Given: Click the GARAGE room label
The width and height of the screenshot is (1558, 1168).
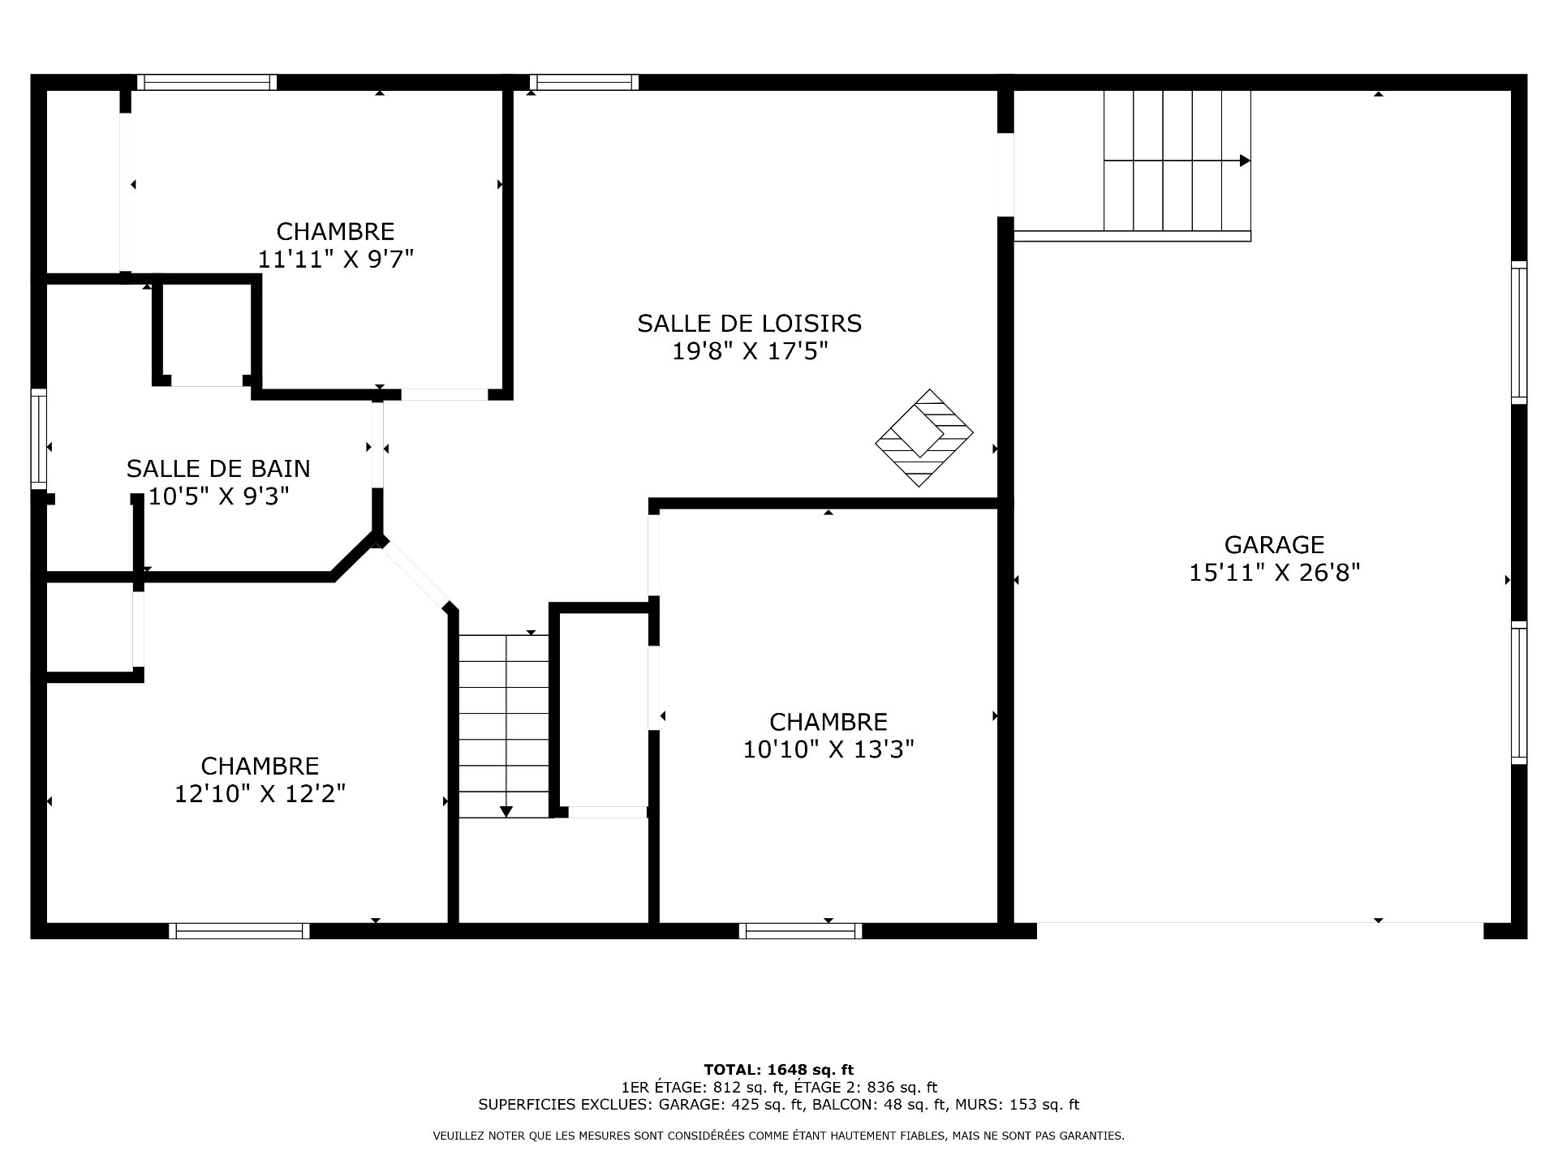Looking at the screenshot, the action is (1274, 544).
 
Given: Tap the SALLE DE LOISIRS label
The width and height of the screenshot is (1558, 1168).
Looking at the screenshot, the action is (749, 324).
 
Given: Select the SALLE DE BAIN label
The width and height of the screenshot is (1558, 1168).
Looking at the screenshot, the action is (218, 468).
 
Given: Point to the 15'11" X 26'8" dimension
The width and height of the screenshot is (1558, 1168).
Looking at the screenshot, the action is (1274, 573).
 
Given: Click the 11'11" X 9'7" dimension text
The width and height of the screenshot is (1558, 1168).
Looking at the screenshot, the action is (336, 260).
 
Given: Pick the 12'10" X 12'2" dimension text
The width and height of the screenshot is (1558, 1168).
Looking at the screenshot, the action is (260, 793).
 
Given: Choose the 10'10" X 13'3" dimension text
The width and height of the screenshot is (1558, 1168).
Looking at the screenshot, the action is (828, 749).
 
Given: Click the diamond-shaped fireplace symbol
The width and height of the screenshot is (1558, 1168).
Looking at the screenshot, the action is (923, 438).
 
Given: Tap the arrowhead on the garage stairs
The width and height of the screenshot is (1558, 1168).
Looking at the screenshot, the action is (1245, 161).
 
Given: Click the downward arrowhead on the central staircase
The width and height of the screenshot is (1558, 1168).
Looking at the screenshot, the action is (506, 810).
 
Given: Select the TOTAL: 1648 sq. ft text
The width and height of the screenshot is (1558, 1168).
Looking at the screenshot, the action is (779, 1070).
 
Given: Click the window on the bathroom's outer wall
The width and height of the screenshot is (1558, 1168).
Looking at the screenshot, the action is (39, 439).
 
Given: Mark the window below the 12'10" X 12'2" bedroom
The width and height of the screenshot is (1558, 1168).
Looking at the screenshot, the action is (239, 931).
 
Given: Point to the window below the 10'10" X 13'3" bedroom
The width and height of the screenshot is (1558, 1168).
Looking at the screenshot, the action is (801, 931).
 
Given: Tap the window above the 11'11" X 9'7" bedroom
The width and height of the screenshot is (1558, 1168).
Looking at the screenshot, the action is (207, 82).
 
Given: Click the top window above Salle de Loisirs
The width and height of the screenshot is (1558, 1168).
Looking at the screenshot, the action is (584, 82).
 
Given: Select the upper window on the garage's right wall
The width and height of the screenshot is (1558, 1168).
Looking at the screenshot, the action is (1519, 333).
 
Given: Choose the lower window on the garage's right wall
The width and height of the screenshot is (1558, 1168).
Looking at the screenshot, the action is (1519, 693).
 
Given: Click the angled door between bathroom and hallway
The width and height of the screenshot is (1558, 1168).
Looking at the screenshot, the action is (415, 574).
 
